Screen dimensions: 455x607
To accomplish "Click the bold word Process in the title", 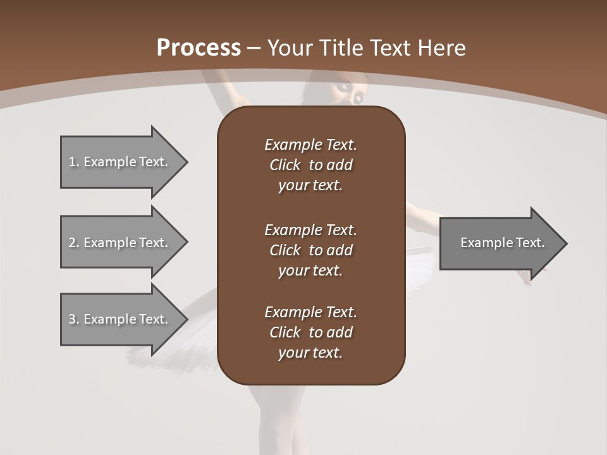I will (x=199, y=48).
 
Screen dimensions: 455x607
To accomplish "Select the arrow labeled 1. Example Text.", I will (x=118, y=162).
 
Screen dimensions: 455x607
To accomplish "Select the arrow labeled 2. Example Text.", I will (x=118, y=243).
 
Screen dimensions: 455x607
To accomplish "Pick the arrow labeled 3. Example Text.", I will (x=118, y=319).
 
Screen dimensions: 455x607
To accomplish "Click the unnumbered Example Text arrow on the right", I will (x=502, y=243).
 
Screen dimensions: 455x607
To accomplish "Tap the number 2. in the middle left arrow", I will (x=73, y=243).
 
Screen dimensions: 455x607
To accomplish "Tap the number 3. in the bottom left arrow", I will (x=73, y=319).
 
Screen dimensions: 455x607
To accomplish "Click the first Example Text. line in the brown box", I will (x=310, y=145).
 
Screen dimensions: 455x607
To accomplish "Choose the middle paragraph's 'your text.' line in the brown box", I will (x=310, y=270).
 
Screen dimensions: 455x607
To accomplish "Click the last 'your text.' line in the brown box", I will (x=310, y=353).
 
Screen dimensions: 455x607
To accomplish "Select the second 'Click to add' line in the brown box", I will (x=310, y=250).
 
